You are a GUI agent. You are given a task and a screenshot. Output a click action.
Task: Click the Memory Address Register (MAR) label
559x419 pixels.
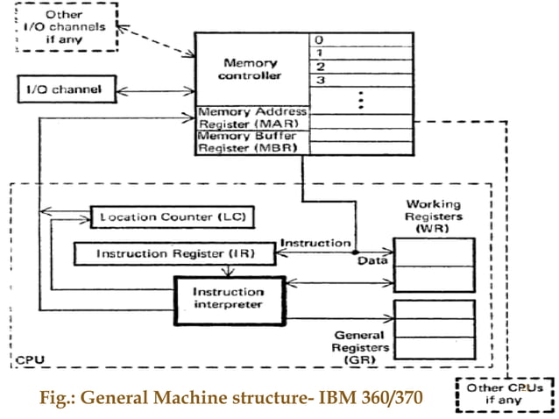(252, 117)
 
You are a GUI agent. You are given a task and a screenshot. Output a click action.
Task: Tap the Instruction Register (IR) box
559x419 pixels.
(173, 253)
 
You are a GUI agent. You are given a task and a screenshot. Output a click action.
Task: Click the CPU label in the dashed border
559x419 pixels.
(27, 359)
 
